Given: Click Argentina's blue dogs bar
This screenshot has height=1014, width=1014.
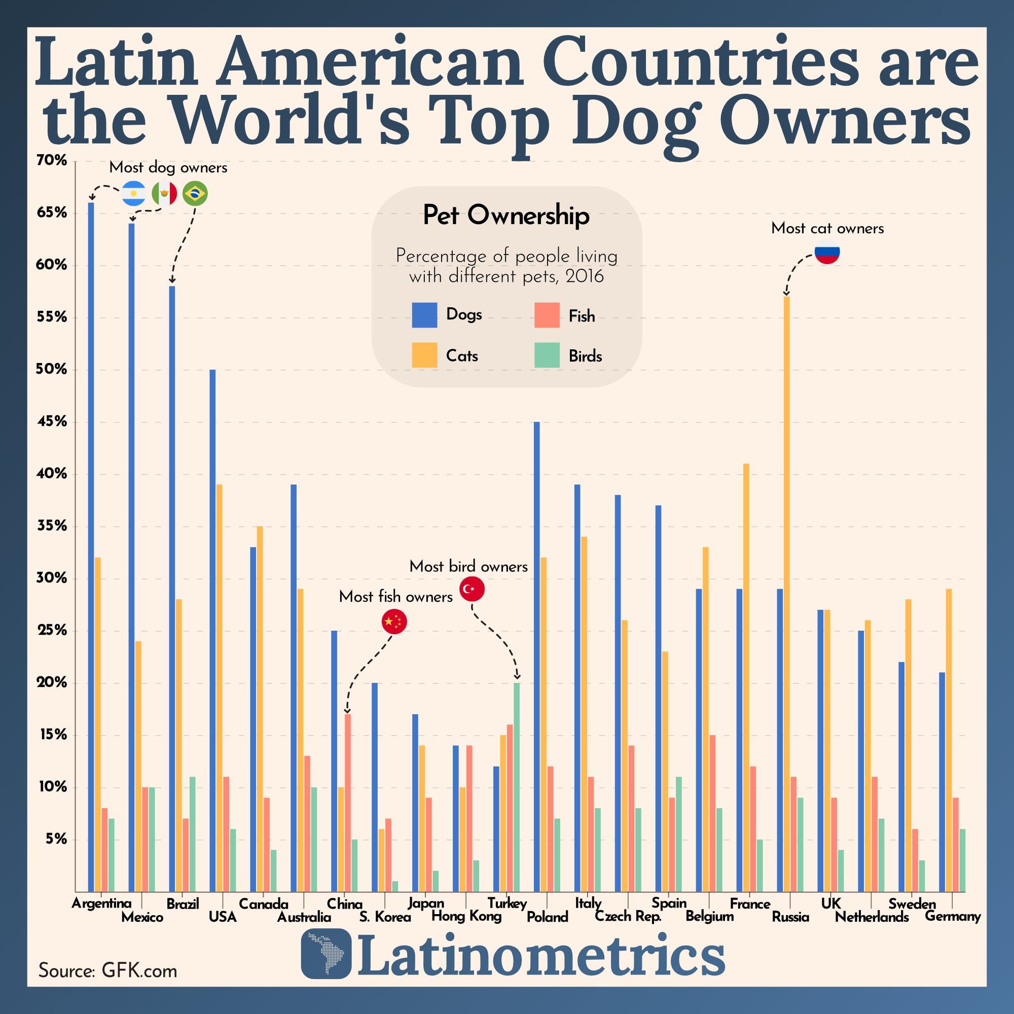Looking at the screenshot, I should [x=91, y=546].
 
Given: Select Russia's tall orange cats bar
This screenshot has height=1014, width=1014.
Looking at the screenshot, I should [x=786, y=593].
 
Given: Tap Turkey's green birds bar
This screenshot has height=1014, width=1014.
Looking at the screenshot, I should [x=517, y=787].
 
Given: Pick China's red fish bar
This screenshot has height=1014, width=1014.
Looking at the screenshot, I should [x=347, y=803].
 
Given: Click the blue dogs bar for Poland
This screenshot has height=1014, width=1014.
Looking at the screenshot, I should [x=536, y=656].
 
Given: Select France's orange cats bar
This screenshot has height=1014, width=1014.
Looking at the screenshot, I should [x=746, y=677].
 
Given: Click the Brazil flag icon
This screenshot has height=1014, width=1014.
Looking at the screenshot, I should [x=195, y=194].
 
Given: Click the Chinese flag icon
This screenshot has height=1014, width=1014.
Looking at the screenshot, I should [x=394, y=622].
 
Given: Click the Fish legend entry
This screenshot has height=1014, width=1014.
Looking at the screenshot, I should [x=582, y=316].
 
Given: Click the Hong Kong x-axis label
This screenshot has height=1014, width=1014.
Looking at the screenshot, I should [x=466, y=916].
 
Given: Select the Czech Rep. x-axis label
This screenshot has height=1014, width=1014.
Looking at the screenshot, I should [x=628, y=916].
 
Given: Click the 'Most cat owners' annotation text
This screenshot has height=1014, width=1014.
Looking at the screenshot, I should [x=827, y=228].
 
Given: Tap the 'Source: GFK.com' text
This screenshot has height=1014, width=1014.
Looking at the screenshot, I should [x=107, y=970].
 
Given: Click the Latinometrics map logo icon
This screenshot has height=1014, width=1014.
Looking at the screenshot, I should [x=326, y=953].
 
